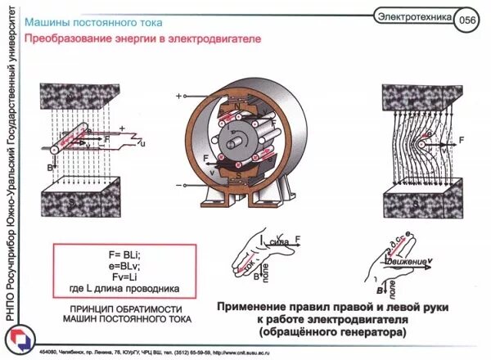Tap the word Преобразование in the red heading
(69, 38)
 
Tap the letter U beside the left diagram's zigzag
(142, 144)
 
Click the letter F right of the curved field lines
(462, 141)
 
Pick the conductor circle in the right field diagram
(429, 141)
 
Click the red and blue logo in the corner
(18, 342)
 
